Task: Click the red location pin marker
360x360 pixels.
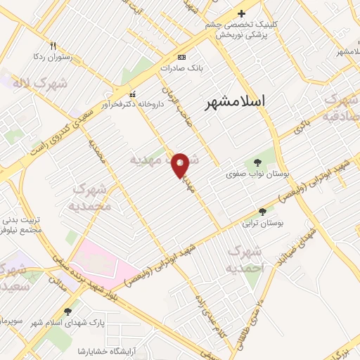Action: pos(180,165)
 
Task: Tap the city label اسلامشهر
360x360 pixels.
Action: pos(236,102)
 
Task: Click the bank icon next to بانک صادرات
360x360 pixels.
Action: pos(182,57)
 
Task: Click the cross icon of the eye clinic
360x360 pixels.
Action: pos(242,13)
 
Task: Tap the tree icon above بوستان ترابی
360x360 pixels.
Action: pos(262,212)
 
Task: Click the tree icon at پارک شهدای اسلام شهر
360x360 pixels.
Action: pos(68,311)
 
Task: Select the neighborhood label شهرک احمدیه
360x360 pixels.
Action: pos(245,259)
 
